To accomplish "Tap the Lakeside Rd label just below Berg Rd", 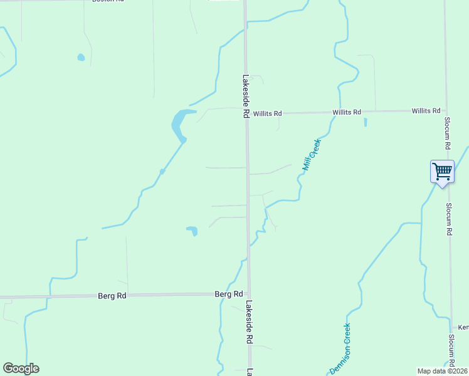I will [249, 322].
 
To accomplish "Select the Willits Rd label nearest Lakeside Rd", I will [268, 113].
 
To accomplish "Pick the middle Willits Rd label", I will [347, 112].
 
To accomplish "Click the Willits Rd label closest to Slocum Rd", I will [426, 111].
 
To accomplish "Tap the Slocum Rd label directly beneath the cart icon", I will [450, 219].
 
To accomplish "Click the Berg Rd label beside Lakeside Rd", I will [229, 294].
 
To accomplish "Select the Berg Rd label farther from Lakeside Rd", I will [112, 295].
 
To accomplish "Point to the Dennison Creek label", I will [340, 348].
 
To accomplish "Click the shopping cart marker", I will [442, 171].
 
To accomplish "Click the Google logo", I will [21, 368].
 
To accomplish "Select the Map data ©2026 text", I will [442, 371].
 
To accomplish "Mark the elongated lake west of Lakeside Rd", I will [179, 124].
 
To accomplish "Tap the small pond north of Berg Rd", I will [192, 231].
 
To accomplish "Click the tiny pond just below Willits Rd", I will [365, 122].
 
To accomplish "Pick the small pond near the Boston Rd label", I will [81, 58].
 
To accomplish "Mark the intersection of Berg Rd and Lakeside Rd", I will [248, 293].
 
